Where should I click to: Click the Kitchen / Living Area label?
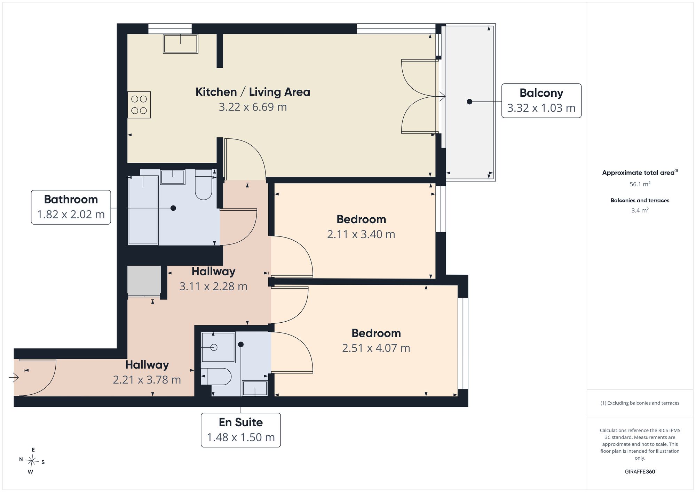253,92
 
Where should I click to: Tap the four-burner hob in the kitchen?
139,105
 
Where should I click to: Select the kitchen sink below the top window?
180,44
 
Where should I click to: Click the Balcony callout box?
541,100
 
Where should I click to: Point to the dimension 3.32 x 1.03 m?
541,108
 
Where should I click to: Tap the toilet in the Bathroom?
204,184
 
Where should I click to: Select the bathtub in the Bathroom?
143,210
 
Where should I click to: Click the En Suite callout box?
241,430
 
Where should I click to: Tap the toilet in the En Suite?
216,377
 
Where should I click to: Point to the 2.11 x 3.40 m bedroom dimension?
361,234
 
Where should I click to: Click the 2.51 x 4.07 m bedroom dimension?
376,348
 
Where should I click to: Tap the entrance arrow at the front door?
14,377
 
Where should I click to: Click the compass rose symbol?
32,461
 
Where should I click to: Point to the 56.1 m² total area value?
640,184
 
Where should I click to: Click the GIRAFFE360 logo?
640,472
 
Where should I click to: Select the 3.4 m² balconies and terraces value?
640,210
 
